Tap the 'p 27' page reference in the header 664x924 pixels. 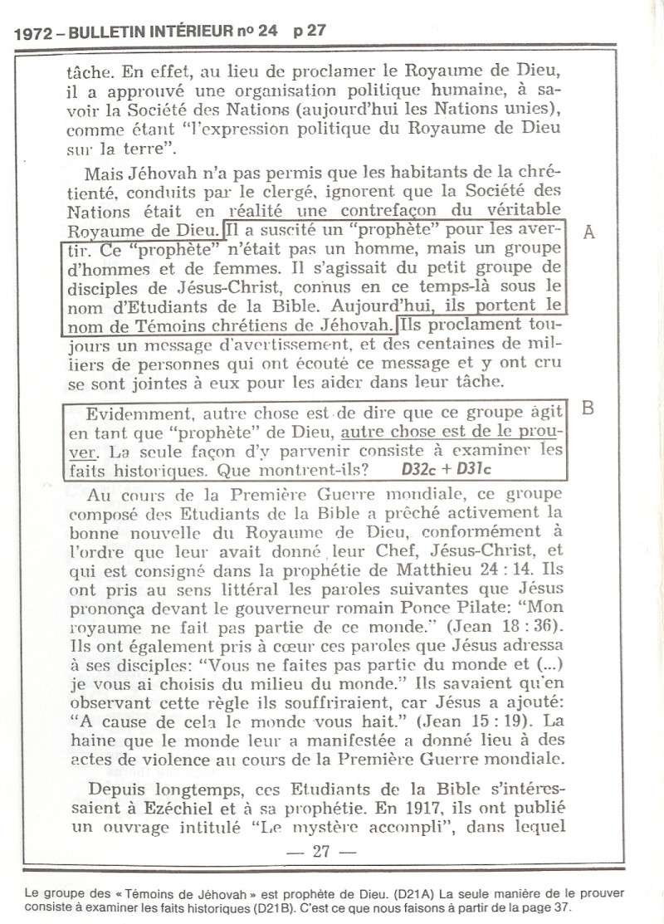309,32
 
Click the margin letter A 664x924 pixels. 589,233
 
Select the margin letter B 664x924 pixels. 588,409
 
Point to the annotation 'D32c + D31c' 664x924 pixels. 441,469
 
